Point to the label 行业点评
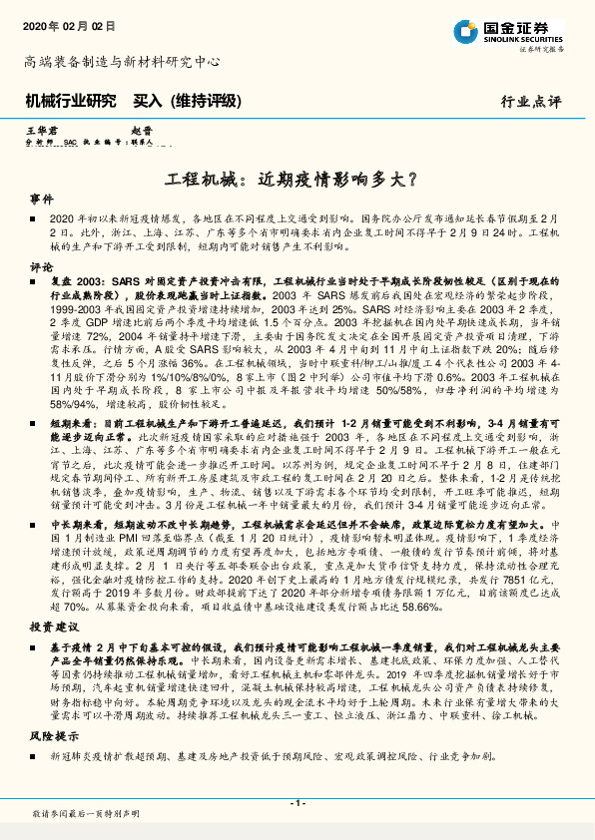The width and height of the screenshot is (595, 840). [530, 102]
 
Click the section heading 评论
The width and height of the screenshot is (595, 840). [41, 267]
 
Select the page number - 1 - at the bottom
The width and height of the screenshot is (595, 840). [297, 803]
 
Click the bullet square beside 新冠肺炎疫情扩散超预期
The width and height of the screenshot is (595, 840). [36, 757]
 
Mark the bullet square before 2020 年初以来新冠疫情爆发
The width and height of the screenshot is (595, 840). [36, 216]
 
